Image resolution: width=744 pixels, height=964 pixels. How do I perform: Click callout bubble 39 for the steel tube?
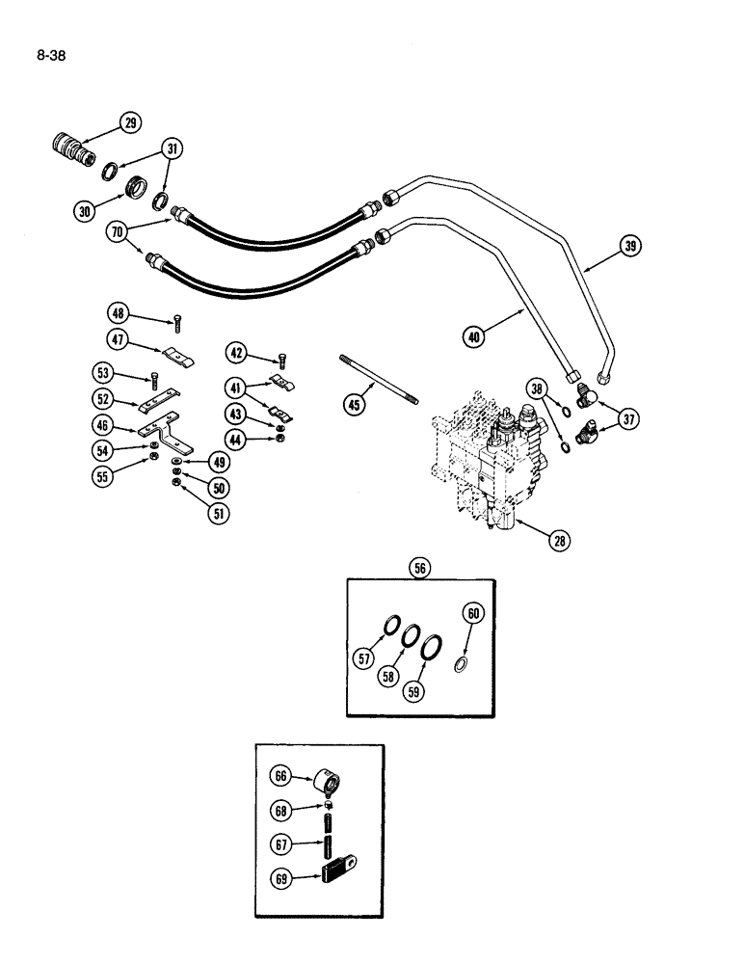click(630, 247)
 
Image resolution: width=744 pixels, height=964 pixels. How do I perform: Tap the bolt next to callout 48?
click(177, 324)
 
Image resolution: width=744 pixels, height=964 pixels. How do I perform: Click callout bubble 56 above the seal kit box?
click(420, 570)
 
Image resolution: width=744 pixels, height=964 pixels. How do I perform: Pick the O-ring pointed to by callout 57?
click(392, 630)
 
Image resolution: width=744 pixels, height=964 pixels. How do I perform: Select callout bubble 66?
click(281, 774)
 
